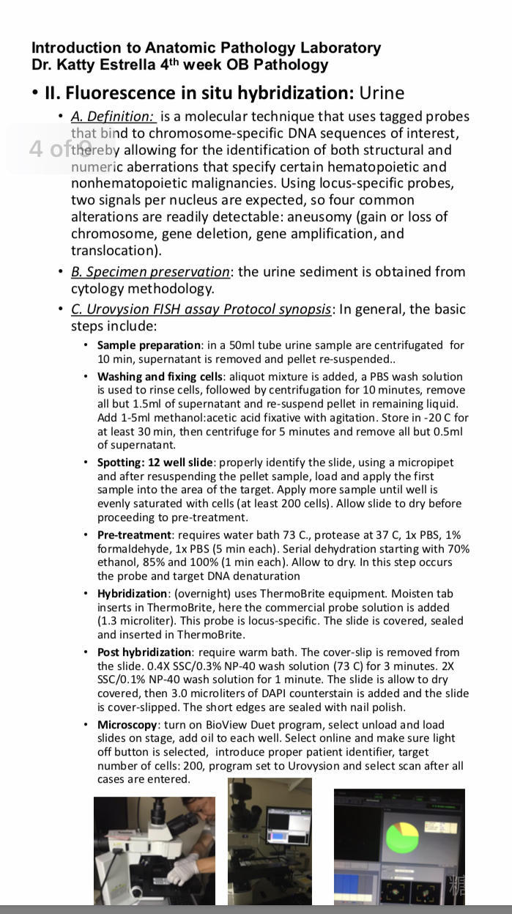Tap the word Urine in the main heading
pyautogui.click(x=381, y=93)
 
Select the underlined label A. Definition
pyautogui.click(x=112, y=116)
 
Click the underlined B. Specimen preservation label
pyautogui.click(x=150, y=271)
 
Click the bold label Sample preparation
pyautogui.click(x=149, y=344)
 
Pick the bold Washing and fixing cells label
pyautogui.click(x=160, y=377)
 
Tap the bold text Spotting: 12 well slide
pyautogui.click(x=155, y=462)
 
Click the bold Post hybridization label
pyautogui.click(x=144, y=652)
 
